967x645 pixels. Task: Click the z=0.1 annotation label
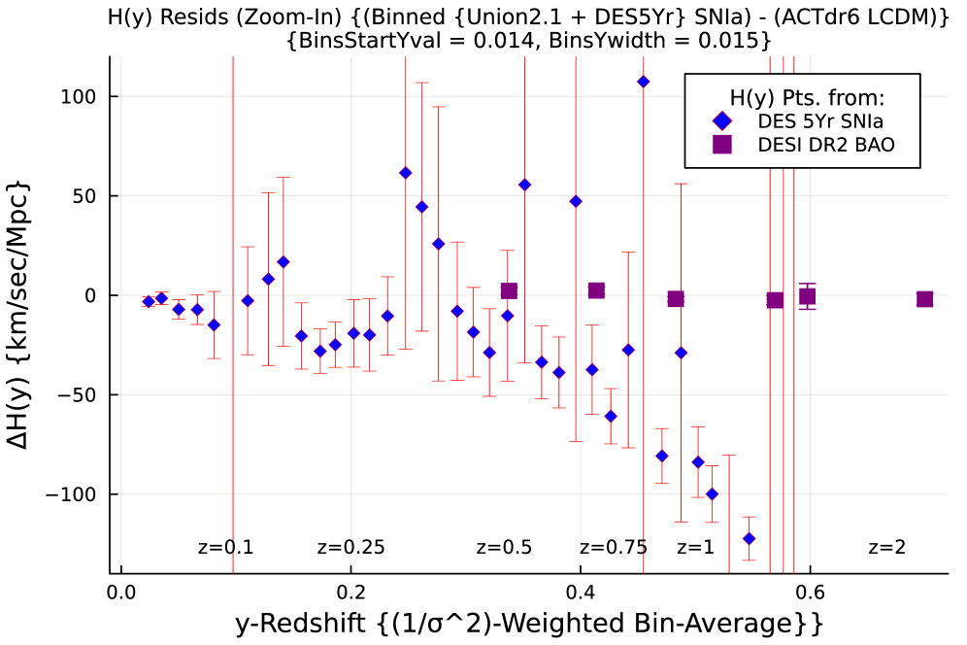pyautogui.click(x=225, y=548)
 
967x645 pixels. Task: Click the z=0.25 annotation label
pyautogui.click(x=351, y=548)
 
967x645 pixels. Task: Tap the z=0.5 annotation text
pyautogui.click(x=504, y=548)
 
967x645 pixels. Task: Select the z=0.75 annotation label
pyautogui.click(x=614, y=548)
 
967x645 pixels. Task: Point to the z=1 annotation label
pyautogui.click(x=695, y=548)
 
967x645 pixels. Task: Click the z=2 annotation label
pyautogui.click(x=886, y=548)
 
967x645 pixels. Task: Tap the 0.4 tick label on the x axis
pyautogui.click(x=581, y=593)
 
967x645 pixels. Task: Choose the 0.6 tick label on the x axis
pyautogui.click(x=811, y=593)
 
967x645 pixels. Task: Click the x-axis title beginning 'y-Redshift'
pyautogui.click(x=529, y=623)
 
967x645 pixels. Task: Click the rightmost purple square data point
pyautogui.click(x=924, y=299)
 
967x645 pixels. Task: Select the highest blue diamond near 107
pyautogui.click(x=643, y=82)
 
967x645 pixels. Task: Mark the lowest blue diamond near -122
pyautogui.click(x=749, y=538)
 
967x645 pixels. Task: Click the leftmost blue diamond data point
pyautogui.click(x=149, y=301)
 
